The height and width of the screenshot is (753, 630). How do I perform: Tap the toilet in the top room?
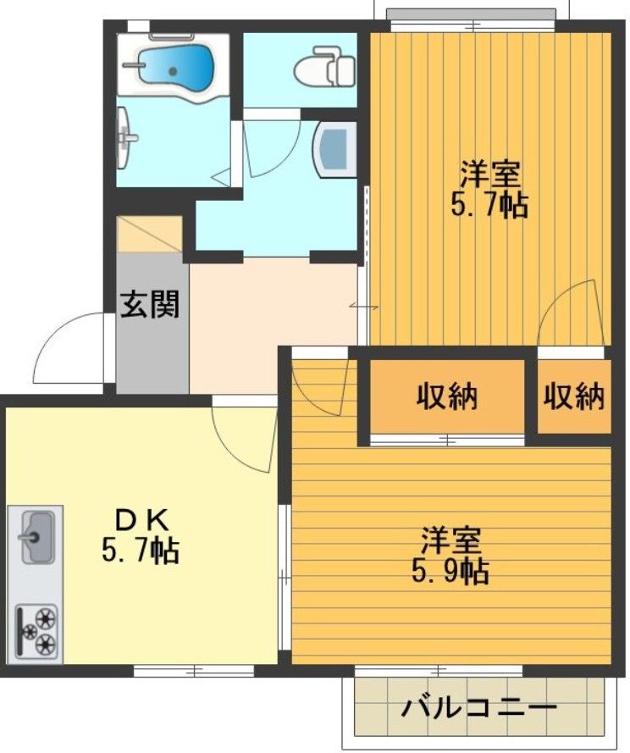coord(324,65)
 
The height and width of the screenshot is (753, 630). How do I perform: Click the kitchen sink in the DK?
coord(36,535)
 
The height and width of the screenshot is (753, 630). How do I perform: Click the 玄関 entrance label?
coord(149,304)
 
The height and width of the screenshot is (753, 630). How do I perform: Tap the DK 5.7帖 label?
coord(140,535)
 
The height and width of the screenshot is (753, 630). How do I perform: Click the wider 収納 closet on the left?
coord(446,396)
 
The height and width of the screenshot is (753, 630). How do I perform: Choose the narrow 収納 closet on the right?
coord(574,396)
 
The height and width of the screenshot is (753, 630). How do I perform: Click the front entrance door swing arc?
coord(68,347)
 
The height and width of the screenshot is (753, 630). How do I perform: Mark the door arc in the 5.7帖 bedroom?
coord(569,313)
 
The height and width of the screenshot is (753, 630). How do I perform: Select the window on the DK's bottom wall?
coord(194,670)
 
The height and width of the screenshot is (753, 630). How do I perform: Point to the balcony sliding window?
coord(440,670)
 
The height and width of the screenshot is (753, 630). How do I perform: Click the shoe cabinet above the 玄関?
coord(150,235)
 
